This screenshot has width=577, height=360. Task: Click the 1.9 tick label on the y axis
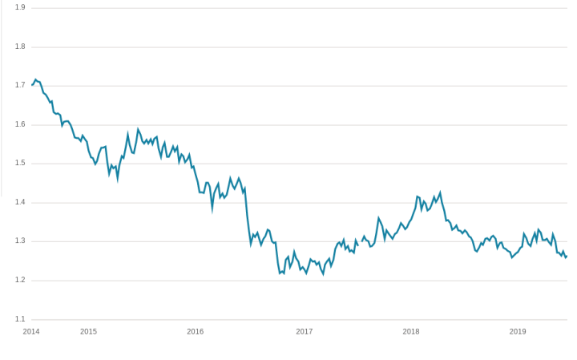pyautogui.click(x=20, y=7)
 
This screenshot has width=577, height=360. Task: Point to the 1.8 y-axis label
pyautogui.click(x=20, y=47)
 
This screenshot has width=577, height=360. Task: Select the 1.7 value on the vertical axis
pyautogui.click(x=20, y=85)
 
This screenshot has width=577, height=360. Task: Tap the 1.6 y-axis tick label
pyautogui.click(x=20, y=124)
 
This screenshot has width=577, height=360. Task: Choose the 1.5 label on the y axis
pyautogui.click(x=20, y=163)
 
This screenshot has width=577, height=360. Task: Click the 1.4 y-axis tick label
pyautogui.click(x=20, y=202)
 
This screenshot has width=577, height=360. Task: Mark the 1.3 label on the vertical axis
pyautogui.click(x=20, y=241)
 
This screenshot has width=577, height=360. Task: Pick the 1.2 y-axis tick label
pyautogui.click(x=20, y=280)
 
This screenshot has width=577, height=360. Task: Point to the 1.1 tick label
pyautogui.click(x=20, y=319)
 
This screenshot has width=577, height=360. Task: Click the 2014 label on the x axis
pyautogui.click(x=31, y=331)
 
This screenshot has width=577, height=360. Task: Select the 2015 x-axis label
pyautogui.click(x=88, y=331)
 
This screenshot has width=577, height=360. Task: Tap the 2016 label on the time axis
pyautogui.click(x=196, y=331)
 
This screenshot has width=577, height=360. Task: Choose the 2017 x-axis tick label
pyautogui.click(x=305, y=331)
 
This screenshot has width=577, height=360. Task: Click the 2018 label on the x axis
pyautogui.click(x=411, y=331)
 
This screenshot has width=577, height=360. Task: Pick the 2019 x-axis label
pyautogui.click(x=518, y=331)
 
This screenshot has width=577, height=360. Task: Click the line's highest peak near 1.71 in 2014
pyautogui.click(x=36, y=79)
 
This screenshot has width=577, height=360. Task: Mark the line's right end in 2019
pyautogui.click(x=567, y=257)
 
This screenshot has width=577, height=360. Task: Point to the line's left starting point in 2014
pyautogui.click(x=32, y=84)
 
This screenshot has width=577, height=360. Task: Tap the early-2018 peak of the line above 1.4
pyautogui.click(x=440, y=192)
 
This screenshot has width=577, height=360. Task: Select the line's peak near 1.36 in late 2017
pyautogui.click(x=379, y=217)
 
